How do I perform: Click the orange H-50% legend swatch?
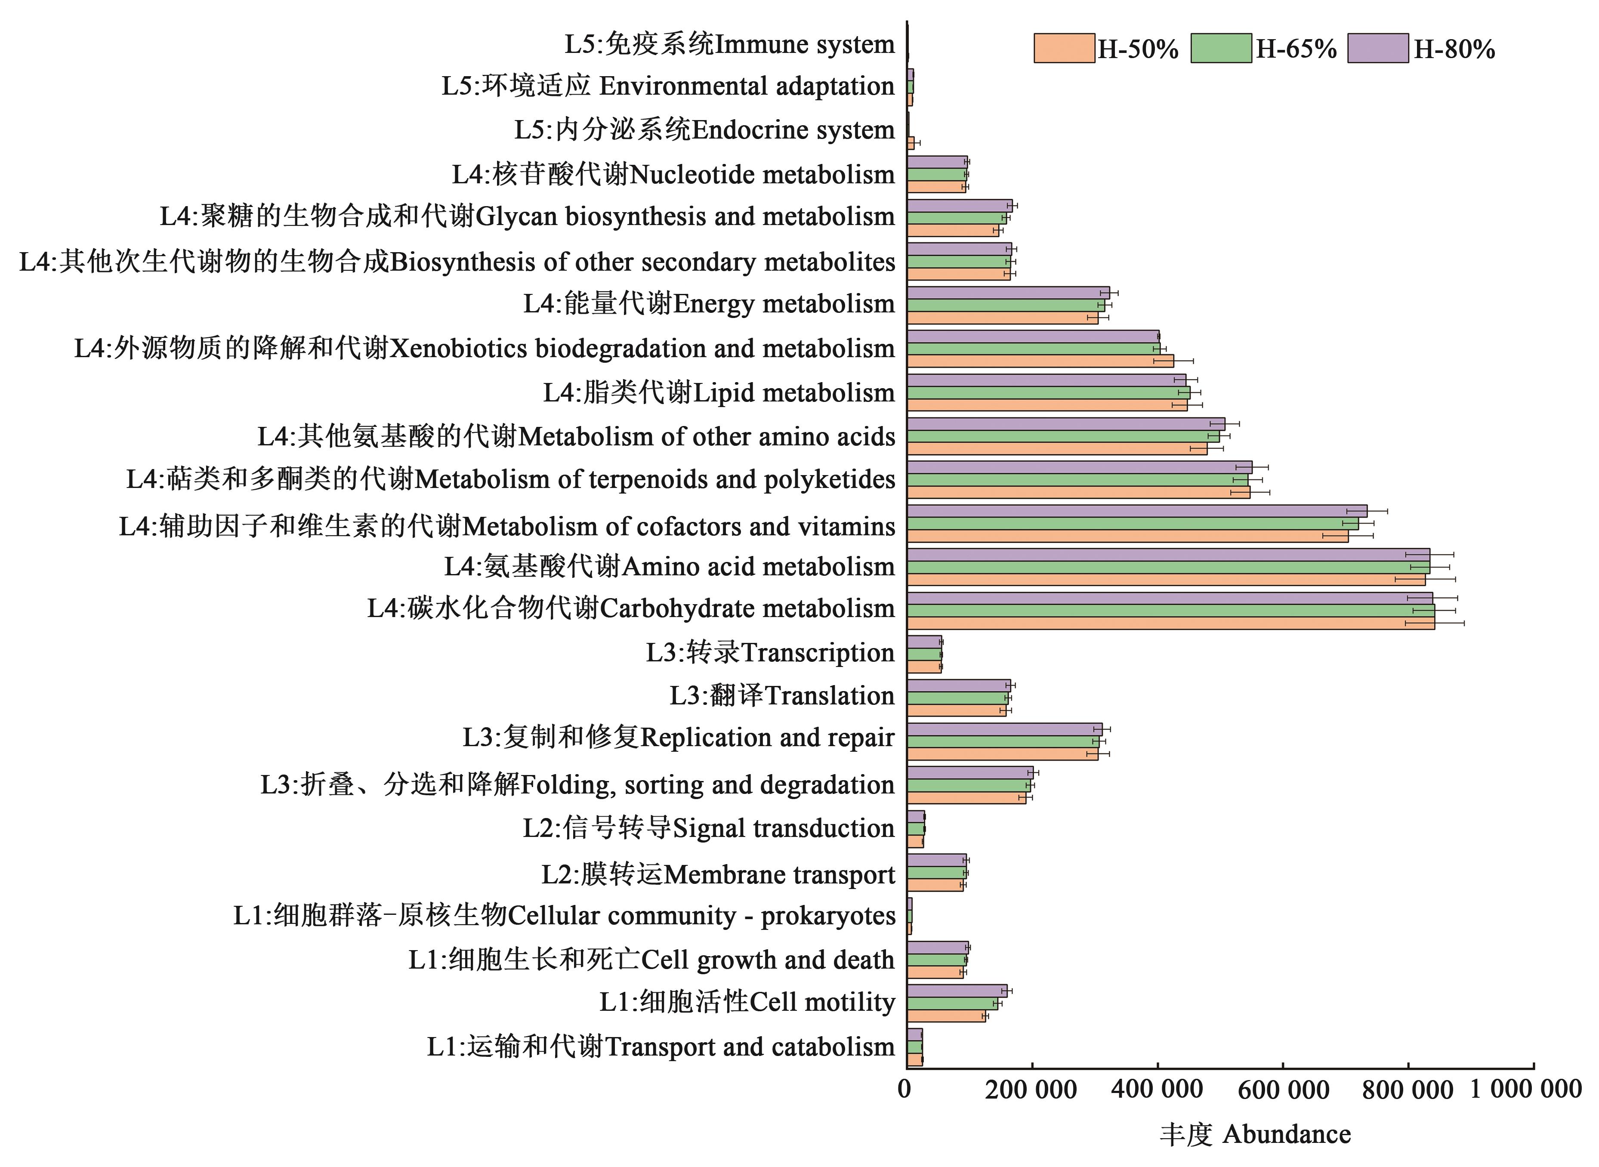1064,49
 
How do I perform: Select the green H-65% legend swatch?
1221,49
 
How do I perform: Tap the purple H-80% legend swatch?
1378,49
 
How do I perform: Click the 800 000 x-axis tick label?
1408,1089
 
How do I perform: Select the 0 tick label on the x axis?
905,1089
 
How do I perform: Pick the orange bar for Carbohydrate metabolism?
1170,623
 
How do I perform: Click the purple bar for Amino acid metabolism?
1168,555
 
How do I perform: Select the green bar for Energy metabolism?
1006,305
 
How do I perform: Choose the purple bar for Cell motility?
957,991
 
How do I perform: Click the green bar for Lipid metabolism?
1048,392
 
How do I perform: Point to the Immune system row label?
730,44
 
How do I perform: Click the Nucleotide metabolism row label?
673,174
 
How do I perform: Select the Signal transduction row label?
708,828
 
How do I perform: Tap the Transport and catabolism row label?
661,1046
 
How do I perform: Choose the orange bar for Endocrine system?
911,143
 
